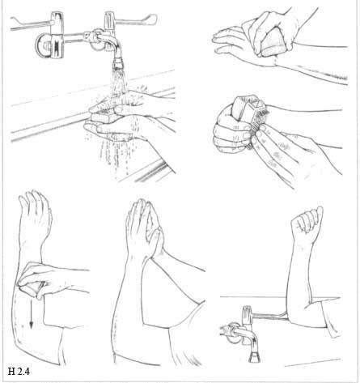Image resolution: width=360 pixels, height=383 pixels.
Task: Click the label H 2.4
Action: tap(19, 372)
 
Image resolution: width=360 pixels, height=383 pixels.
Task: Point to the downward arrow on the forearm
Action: tap(32, 313)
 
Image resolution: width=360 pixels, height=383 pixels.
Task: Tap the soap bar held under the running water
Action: tap(104, 117)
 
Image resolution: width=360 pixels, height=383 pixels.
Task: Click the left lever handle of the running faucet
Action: tap(31, 22)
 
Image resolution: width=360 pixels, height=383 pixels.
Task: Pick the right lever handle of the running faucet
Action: tap(136, 19)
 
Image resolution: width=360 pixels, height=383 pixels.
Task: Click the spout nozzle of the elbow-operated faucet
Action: tap(254, 357)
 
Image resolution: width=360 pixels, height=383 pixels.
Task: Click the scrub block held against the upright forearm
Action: tap(32, 288)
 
